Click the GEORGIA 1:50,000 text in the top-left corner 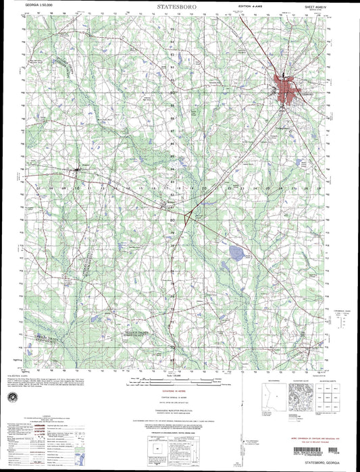click(39, 5)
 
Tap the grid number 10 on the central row click(76, 188)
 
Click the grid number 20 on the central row click(203, 188)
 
